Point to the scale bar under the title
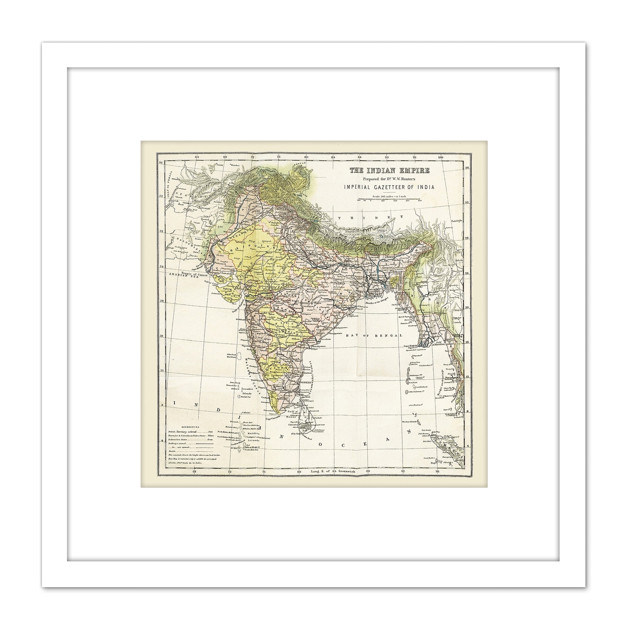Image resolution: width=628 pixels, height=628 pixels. click(x=390, y=200)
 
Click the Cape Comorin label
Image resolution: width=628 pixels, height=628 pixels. click(x=274, y=419)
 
